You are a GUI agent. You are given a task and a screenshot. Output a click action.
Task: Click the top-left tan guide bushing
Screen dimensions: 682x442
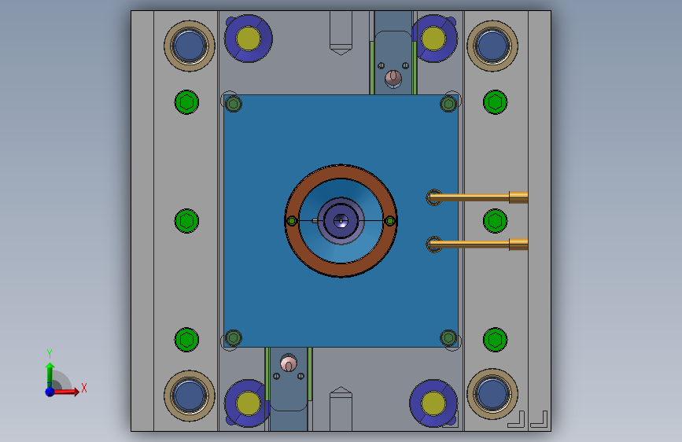[x=190, y=46]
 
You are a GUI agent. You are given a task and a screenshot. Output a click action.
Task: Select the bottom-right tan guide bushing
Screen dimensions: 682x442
[x=492, y=394]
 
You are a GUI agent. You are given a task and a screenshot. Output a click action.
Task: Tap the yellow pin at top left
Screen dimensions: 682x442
[x=249, y=39]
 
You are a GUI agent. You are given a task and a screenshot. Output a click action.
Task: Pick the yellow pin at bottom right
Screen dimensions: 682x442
[x=433, y=403]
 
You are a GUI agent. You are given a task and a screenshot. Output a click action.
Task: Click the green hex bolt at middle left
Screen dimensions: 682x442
[x=186, y=221]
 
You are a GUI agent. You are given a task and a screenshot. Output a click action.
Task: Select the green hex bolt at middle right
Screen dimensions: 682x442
[x=495, y=221]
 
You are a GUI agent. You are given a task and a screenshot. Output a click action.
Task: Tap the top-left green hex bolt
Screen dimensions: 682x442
[x=186, y=102]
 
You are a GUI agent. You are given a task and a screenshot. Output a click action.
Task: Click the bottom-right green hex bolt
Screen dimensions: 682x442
[x=495, y=340]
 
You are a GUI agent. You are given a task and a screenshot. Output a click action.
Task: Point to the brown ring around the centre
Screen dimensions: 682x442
[x=341, y=171]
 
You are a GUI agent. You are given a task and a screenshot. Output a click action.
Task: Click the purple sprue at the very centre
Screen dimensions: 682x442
[x=341, y=221]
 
